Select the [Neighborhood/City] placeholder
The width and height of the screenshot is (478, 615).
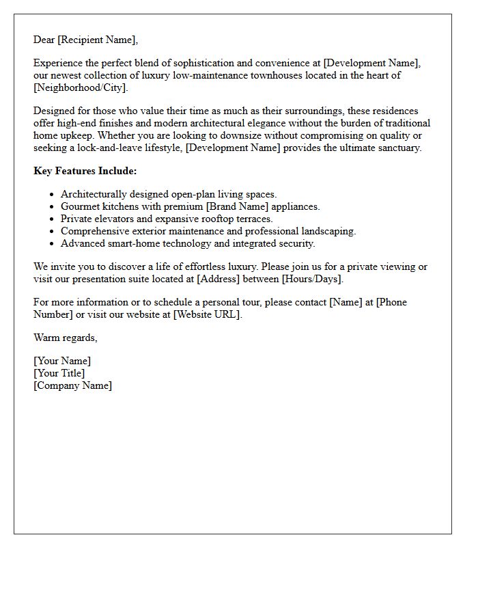pos(80,87)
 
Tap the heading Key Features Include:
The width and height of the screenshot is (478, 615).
pos(85,171)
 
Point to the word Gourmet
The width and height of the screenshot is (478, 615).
pos(80,206)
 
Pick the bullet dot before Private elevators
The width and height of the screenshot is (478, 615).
pos(52,219)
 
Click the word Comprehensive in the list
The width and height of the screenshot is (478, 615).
pos(92,231)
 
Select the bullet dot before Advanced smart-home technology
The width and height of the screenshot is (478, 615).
pos(52,244)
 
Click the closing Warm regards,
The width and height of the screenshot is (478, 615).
pos(66,338)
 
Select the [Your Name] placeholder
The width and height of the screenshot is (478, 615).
pos(62,361)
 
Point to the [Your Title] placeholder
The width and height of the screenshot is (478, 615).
pos(59,373)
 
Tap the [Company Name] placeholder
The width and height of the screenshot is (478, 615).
pos(72,385)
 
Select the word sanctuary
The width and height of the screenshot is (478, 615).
pos(397,148)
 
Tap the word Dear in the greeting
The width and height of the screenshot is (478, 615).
pos(44,40)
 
